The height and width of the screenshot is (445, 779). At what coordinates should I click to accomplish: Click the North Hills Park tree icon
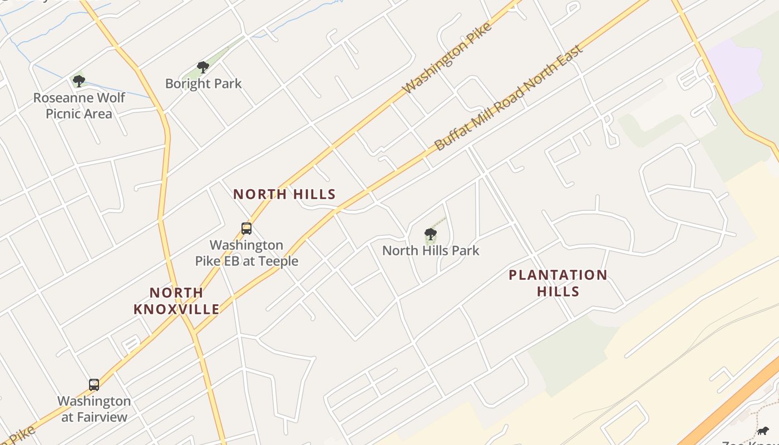click(x=430, y=234)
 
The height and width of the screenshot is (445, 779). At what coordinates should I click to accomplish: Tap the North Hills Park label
click(x=430, y=251)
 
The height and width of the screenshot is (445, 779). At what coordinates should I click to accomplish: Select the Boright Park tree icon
click(x=203, y=67)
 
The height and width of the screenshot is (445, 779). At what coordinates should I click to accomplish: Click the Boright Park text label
click(x=203, y=84)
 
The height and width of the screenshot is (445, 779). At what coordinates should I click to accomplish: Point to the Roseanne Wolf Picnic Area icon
click(x=79, y=81)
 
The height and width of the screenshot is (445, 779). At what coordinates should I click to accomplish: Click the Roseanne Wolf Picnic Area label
click(x=79, y=106)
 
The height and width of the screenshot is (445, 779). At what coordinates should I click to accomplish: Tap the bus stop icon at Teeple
click(x=246, y=228)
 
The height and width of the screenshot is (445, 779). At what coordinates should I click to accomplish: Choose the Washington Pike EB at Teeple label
click(x=246, y=253)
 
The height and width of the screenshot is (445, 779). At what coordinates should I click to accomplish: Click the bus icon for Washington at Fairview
click(x=94, y=384)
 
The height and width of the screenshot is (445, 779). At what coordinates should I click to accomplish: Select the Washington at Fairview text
click(x=94, y=409)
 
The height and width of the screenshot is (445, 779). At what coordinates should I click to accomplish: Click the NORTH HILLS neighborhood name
click(x=284, y=194)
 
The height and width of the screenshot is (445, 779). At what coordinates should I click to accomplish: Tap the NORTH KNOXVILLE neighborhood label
click(x=176, y=301)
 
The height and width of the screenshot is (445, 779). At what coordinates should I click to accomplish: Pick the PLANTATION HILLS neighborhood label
click(x=558, y=283)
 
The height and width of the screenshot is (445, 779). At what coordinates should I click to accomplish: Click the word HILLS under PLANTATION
click(x=558, y=291)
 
